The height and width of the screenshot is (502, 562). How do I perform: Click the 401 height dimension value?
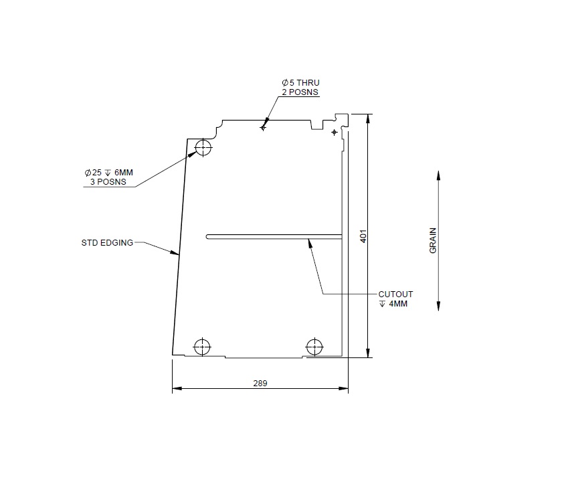point(363,236)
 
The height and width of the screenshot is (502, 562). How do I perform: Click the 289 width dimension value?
point(260,384)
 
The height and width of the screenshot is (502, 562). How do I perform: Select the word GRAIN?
point(433,240)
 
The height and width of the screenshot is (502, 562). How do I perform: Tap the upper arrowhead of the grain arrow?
point(438,175)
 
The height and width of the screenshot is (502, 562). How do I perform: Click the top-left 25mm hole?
point(203,147)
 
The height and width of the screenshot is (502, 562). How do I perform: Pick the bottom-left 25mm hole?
point(201,347)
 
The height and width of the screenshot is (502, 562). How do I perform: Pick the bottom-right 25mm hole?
point(314,347)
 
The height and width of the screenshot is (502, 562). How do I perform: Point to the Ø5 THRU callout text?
point(300,83)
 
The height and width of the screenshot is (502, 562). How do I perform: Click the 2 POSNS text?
point(300,92)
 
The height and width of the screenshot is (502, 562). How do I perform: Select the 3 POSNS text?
point(108,181)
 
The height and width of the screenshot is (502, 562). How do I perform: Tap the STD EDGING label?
point(107,242)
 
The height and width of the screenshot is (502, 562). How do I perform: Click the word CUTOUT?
point(395,295)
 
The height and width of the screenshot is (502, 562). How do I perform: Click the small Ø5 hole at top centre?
point(263,127)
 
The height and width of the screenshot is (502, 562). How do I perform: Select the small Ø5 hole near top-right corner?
point(335,133)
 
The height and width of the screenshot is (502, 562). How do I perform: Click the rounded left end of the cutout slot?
point(209,236)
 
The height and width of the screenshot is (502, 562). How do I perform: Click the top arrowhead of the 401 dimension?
point(367,118)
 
